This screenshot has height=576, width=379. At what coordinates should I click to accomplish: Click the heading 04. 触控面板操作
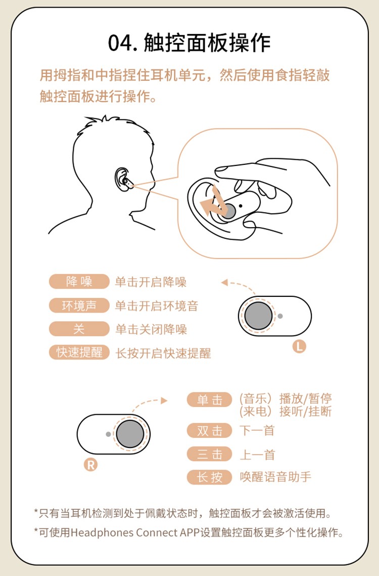[189, 42]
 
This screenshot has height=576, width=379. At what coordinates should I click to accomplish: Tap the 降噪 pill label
[79, 281]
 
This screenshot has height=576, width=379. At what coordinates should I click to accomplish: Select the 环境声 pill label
[79, 305]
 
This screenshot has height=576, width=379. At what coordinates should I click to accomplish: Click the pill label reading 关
[79, 329]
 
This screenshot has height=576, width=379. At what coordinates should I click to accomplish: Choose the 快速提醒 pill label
[79, 352]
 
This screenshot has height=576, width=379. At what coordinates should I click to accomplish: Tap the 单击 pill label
[209, 400]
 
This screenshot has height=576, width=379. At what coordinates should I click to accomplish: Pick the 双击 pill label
[209, 430]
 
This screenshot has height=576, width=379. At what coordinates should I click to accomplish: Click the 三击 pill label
[209, 455]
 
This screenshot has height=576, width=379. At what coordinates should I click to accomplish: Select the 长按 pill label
[209, 477]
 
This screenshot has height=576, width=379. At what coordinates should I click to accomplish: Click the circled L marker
[299, 346]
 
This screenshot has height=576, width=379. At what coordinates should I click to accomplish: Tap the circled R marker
[90, 465]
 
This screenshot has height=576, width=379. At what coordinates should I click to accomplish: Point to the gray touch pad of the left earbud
[259, 316]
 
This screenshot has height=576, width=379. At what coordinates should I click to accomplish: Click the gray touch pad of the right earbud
[130, 434]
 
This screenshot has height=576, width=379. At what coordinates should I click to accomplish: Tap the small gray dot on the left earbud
[280, 316]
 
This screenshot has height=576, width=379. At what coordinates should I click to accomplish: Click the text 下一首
[257, 430]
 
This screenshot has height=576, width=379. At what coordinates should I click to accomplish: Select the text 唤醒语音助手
[275, 477]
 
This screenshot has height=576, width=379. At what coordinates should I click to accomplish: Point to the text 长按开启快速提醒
[163, 353]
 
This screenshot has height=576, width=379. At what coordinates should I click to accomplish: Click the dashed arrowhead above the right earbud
[164, 401]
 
